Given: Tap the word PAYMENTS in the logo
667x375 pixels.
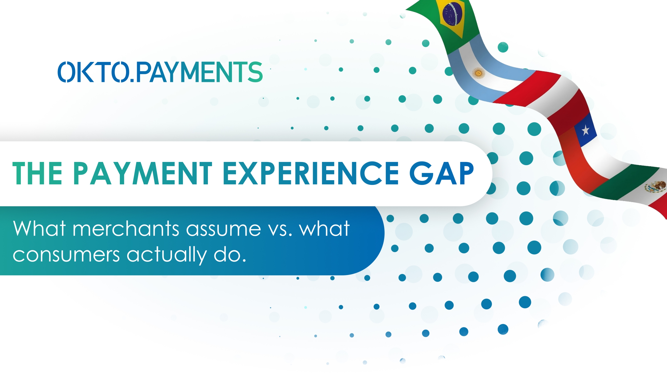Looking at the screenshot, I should (199, 72).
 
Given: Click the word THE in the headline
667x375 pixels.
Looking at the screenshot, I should (37, 173).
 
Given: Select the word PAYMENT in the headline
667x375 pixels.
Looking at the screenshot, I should (143, 173).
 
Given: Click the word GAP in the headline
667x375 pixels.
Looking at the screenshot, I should (441, 173).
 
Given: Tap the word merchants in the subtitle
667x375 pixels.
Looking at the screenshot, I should (126, 229).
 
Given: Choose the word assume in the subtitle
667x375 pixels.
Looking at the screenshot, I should (223, 229).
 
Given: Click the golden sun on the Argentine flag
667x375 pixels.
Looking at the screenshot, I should (478, 73).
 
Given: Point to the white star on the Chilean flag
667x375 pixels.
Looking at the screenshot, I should (585, 130).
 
